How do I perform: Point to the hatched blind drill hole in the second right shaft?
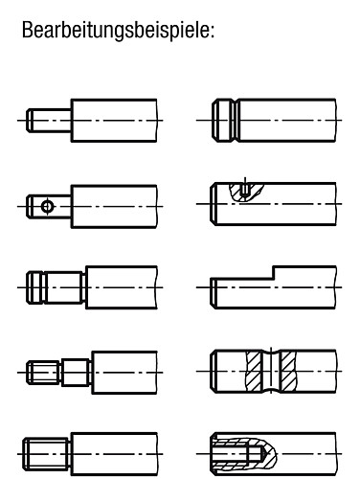click(x=246, y=190)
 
